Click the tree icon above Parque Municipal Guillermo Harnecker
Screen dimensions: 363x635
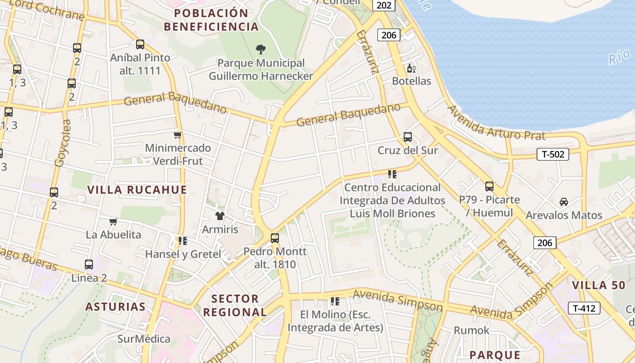pyautogui.click(x=261, y=49)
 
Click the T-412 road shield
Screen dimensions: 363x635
pyautogui.click(x=584, y=309)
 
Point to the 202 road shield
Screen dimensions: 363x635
pyautogui.click(x=384, y=5)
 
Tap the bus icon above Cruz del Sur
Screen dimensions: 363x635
pyautogui.click(x=408, y=137)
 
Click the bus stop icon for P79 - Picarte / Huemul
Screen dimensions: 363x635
pyautogui.click(x=489, y=186)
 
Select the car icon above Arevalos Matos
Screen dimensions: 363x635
pyautogui.click(x=564, y=202)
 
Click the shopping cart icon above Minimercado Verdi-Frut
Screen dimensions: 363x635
pyautogui.click(x=178, y=135)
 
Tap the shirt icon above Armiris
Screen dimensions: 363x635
pyautogui.click(x=220, y=216)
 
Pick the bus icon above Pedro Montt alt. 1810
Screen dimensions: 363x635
pyautogui.click(x=275, y=238)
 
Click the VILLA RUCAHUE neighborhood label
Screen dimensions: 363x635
pyautogui.click(x=137, y=190)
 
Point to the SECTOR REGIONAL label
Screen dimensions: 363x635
pyautogui.click(x=234, y=305)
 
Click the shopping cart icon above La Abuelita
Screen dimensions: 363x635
pyautogui.click(x=113, y=221)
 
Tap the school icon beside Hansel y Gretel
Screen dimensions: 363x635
pyautogui.click(x=183, y=240)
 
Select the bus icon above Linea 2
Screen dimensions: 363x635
pyautogui.click(x=89, y=264)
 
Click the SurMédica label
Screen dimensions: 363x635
pyautogui.click(x=144, y=339)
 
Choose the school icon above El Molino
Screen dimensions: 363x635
pyautogui.click(x=335, y=301)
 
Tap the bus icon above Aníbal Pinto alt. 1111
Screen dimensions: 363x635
pyautogui.click(x=140, y=44)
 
